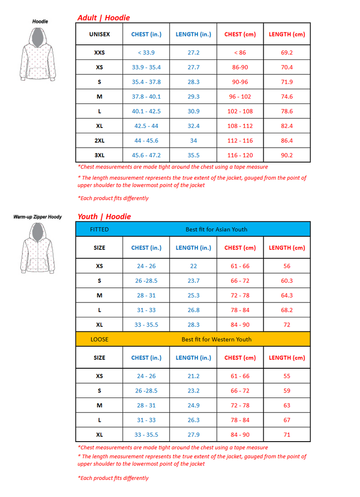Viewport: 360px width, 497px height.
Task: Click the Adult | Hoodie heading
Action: coord(103,18)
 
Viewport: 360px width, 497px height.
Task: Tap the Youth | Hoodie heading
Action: coord(104,217)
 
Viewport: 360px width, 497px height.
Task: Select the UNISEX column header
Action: coord(99,34)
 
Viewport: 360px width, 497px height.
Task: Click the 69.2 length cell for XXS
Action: coord(287,53)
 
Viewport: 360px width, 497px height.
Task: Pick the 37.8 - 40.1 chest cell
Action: coord(146,96)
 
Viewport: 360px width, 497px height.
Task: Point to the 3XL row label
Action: coord(99,155)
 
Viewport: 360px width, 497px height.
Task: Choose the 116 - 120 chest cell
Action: coord(240,155)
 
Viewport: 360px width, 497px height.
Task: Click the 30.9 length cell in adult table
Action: coord(193,111)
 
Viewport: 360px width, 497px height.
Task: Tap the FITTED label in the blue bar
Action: coord(99,229)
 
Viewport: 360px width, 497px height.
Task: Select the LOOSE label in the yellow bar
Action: coord(99,339)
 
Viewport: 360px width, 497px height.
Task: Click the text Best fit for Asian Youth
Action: coord(216,229)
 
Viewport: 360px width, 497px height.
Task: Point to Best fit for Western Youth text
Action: coord(216,339)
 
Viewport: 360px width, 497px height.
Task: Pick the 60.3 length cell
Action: coord(287,280)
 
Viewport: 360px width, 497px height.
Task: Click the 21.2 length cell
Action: coord(193,376)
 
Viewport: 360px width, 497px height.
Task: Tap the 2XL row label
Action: coord(99,140)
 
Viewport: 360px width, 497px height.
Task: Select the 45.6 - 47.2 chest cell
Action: coord(146,155)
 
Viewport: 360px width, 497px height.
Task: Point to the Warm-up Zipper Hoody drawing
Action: coord(38,248)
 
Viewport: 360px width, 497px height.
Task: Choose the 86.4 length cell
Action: coord(287,140)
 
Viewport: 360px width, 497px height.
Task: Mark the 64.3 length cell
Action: coord(287,295)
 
